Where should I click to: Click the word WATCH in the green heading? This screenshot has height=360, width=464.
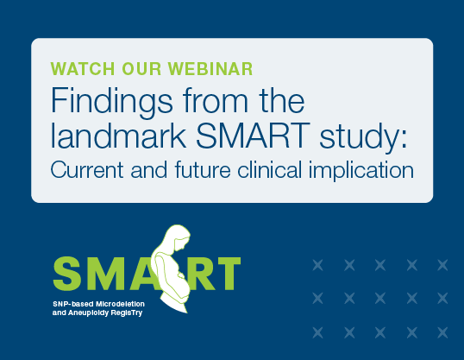[x=83, y=69]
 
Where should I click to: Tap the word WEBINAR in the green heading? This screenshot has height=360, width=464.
[x=210, y=69]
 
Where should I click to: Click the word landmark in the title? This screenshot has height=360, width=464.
[x=118, y=136]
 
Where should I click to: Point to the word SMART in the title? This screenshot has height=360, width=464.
[x=253, y=136]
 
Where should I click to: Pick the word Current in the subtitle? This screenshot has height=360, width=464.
[x=87, y=170]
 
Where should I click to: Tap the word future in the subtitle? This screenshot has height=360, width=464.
[x=203, y=170]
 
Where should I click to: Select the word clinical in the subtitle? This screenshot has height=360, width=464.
[x=269, y=170]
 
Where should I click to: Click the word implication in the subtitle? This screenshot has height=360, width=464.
[x=361, y=171]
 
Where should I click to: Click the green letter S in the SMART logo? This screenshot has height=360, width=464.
[x=68, y=274]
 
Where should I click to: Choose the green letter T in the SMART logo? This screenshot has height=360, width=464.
[x=227, y=274]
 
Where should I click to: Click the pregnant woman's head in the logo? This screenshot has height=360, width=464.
[x=179, y=237]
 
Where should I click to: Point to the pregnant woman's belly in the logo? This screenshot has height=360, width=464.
[x=180, y=284]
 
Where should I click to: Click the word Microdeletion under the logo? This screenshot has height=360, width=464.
[x=120, y=304]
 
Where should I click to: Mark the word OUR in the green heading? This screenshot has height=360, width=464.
[x=141, y=69]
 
